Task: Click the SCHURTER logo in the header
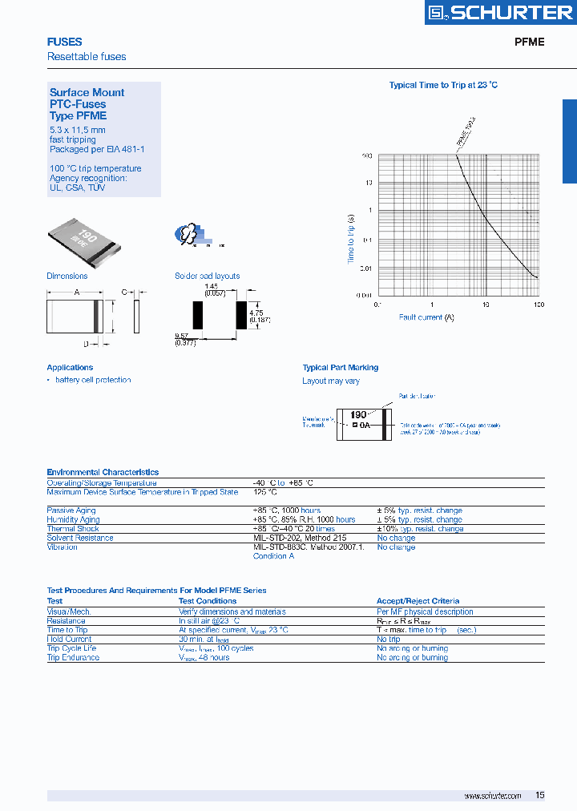[x=498, y=12]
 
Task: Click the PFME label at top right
[x=529, y=42]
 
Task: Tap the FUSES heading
[x=64, y=42]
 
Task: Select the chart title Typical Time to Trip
[x=443, y=85]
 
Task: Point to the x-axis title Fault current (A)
[x=426, y=317]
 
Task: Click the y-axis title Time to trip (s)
[x=351, y=238]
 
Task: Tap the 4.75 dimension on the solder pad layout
[x=256, y=313]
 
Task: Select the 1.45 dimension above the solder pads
[x=211, y=286]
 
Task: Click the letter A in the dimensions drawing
[x=77, y=293]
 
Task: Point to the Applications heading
[x=70, y=368]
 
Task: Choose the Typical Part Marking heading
[x=340, y=368]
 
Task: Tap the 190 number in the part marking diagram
[x=358, y=415]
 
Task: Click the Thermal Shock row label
[x=72, y=529]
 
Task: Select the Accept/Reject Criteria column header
[x=418, y=601]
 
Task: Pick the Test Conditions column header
[x=208, y=601]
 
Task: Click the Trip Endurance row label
[x=73, y=658]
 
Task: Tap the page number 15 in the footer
[x=539, y=795]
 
